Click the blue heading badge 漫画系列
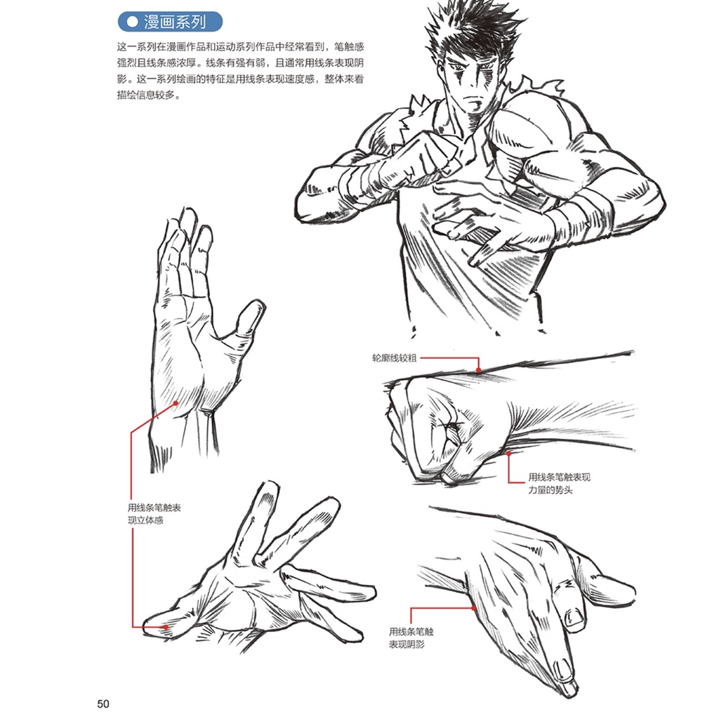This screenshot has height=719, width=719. click(x=170, y=22)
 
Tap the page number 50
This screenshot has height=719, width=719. click(x=103, y=704)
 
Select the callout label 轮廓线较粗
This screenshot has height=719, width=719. click(x=394, y=358)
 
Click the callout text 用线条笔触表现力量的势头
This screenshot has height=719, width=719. click(x=559, y=483)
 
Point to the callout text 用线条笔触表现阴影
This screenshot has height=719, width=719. click(x=411, y=638)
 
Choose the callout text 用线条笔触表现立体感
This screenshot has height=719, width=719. click(x=154, y=514)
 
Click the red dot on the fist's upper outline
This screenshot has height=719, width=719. click(x=478, y=370)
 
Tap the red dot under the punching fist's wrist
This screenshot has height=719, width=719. click(x=509, y=454)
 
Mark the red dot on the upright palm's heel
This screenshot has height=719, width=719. click(x=176, y=403)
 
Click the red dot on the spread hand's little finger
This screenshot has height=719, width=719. click(x=166, y=627)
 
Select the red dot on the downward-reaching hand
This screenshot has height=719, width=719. click(x=474, y=608)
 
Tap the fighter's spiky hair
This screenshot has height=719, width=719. click(x=473, y=32)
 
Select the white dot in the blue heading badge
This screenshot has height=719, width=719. click(x=132, y=22)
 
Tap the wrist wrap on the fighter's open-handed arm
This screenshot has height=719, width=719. click(x=580, y=216)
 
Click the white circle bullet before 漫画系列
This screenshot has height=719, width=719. click(x=132, y=22)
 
